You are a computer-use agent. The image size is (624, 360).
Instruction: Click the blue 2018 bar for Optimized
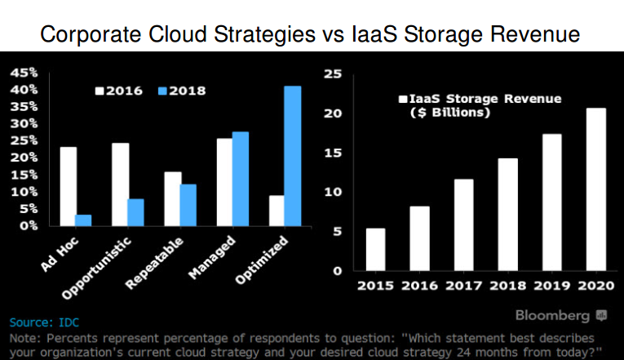coord(292,155)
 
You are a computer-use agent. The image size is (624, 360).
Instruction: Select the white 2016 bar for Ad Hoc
coord(69,186)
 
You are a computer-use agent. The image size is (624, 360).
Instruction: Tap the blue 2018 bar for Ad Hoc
coord(83,220)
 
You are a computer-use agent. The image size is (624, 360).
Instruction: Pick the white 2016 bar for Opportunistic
coord(120,184)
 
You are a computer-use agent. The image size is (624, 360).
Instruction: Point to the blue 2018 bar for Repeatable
coord(188,205)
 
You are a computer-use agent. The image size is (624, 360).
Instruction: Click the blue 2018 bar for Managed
coord(240,178)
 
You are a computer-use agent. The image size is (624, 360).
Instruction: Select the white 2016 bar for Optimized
coord(277,210)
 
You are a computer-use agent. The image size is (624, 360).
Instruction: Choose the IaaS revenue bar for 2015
coord(375,249)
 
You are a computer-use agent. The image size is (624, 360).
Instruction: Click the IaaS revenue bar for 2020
coord(596,189)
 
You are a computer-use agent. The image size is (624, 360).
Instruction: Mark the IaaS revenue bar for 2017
coord(463,224)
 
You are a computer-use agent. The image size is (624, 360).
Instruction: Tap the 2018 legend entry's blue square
coord(163,90)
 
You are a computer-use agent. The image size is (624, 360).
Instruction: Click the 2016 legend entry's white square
coord(100,90)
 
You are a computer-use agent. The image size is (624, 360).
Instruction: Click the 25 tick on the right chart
coord(333,73)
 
